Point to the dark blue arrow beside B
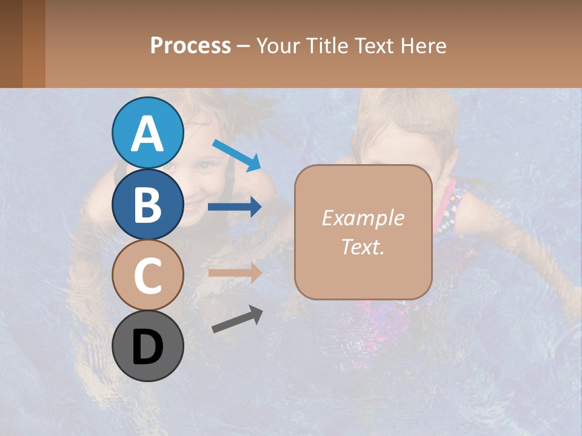(x=235, y=207)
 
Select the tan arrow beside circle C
(x=235, y=272)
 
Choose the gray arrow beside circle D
(x=237, y=320)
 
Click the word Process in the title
(x=190, y=45)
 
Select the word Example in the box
(x=363, y=218)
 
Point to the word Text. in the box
(x=363, y=246)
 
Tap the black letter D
(x=147, y=347)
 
